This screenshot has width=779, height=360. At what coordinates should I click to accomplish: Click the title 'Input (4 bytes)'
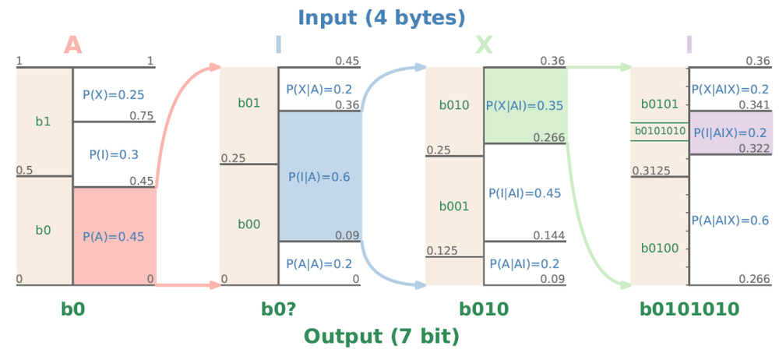point(381,16)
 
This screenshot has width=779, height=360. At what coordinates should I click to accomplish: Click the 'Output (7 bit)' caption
point(381,336)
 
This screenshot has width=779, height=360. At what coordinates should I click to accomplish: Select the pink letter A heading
point(72,45)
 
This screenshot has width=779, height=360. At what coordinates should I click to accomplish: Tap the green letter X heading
point(483,45)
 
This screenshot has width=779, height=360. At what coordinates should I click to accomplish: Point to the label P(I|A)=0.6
point(319,177)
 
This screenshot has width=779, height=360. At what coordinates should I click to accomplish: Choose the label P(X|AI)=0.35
point(525,105)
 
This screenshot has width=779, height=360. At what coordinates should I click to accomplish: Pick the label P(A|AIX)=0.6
point(731,221)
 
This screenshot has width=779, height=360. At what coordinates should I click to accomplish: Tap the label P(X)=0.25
point(114,95)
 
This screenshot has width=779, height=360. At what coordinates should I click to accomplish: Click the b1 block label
point(44,122)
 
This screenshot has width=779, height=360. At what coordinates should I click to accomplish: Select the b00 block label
point(249,224)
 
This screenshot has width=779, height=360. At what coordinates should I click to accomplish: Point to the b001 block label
point(454,206)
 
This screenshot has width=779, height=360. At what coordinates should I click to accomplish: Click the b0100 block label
point(659,249)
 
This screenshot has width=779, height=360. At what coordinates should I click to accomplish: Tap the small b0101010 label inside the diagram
point(659,132)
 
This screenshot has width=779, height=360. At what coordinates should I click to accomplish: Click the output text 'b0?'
point(278,309)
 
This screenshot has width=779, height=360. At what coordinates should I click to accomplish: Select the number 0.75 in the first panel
point(143,116)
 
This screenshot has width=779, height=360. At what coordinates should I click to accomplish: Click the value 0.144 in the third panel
point(548,235)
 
